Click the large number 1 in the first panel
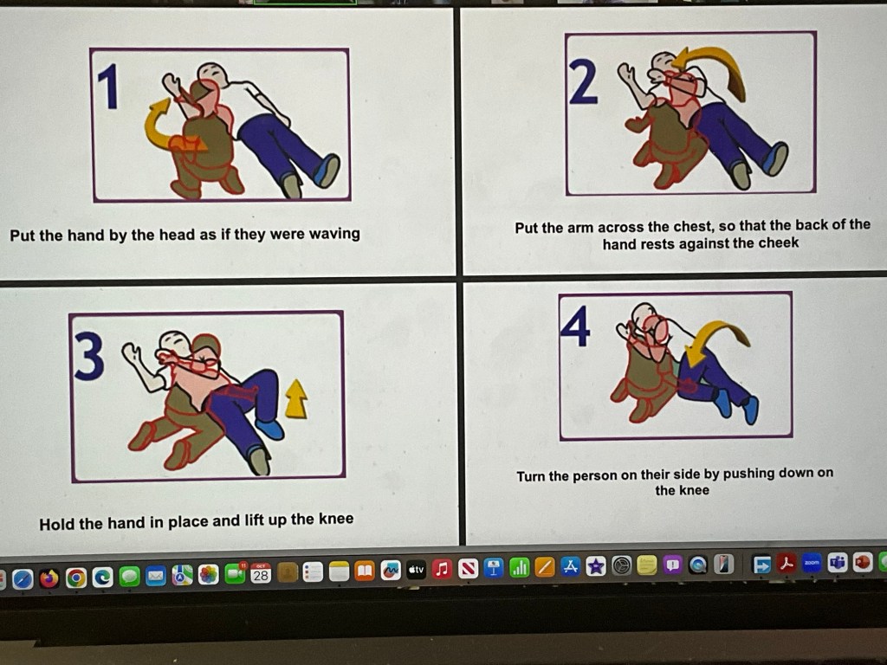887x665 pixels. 108,86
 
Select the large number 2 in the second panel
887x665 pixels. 583,82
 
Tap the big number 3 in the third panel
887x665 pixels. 89,356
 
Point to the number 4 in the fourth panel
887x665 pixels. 575,326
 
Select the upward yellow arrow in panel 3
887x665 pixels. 296,399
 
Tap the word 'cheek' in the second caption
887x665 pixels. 779,242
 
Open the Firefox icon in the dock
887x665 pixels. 49,578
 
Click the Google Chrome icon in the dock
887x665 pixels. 76,578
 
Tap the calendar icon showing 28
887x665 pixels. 261,573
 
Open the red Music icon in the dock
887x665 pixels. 442,569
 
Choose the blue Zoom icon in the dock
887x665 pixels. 812,563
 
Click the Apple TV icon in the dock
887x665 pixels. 416,570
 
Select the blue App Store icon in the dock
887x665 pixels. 570,566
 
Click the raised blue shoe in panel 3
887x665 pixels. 269,429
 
